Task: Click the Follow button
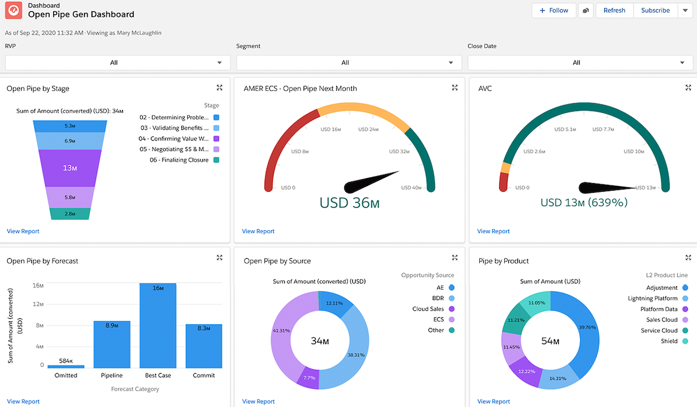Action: pyautogui.click(x=553, y=10)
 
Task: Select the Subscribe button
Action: pyautogui.click(x=655, y=10)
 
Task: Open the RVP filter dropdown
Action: pyautogui.click(x=117, y=62)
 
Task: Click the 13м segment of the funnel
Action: pyautogui.click(x=70, y=168)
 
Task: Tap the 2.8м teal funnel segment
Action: pyautogui.click(x=70, y=214)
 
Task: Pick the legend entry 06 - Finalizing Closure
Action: pyautogui.click(x=179, y=160)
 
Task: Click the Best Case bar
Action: pyautogui.click(x=158, y=326)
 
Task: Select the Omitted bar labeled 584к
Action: pyautogui.click(x=66, y=366)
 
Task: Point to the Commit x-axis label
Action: pyautogui.click(x=204, y=376)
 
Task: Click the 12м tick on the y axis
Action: pyautogui.click(x=38, y=303)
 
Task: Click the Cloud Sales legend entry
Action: pyautogui.click(x=428, y=309)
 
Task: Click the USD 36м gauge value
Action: pyautogui.click(x=349, y=203)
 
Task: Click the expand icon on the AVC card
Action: pyautogui.click(x=688, y=88)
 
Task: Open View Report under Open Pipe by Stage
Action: pyautogui.click(x=23, y=231)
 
